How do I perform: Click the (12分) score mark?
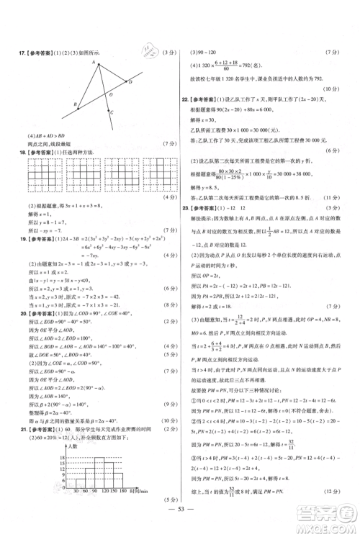(x=336, y=510)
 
